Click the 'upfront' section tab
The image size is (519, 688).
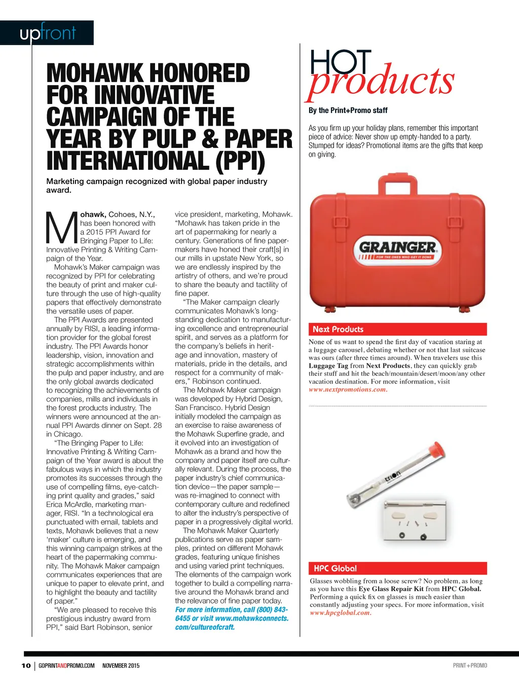click(x=47, y=33)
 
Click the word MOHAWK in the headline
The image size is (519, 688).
click(x=94, y=74)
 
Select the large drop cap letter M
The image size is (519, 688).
click(x=61, y=228)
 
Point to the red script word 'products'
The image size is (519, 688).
click(x=382, y=81)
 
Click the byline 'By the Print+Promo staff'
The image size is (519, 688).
click(x=348, y=111)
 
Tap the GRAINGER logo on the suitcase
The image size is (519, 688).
click(x=397, y=248)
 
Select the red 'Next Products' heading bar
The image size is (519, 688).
click(x=397, y=329)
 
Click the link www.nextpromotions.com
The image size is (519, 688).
click(x=348, y=389)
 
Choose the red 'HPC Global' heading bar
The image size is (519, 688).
click(x=397, y=568)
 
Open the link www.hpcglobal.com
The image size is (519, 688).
click(x=340, y=612)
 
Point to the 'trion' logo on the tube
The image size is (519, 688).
click(x=392, y=477)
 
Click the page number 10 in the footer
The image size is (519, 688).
click(x=26, y=666)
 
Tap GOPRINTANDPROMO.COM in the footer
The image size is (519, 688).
click(x=66, y=666)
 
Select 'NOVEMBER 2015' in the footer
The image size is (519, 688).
click(x=121, y=666)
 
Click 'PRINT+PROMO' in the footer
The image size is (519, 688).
click(x=470, y=666)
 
